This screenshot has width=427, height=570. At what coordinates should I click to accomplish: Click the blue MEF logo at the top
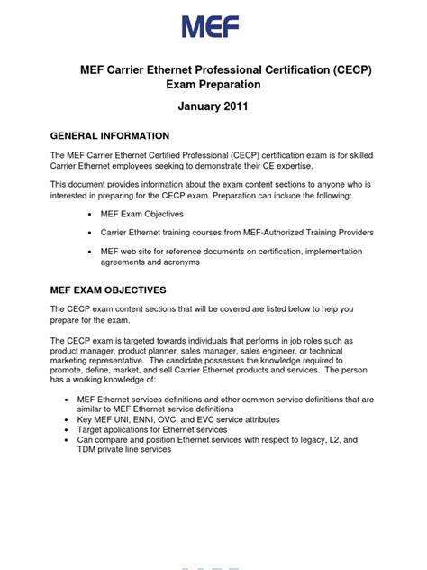click(211, 26)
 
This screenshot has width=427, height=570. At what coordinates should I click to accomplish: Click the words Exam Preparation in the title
click(213, 85)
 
